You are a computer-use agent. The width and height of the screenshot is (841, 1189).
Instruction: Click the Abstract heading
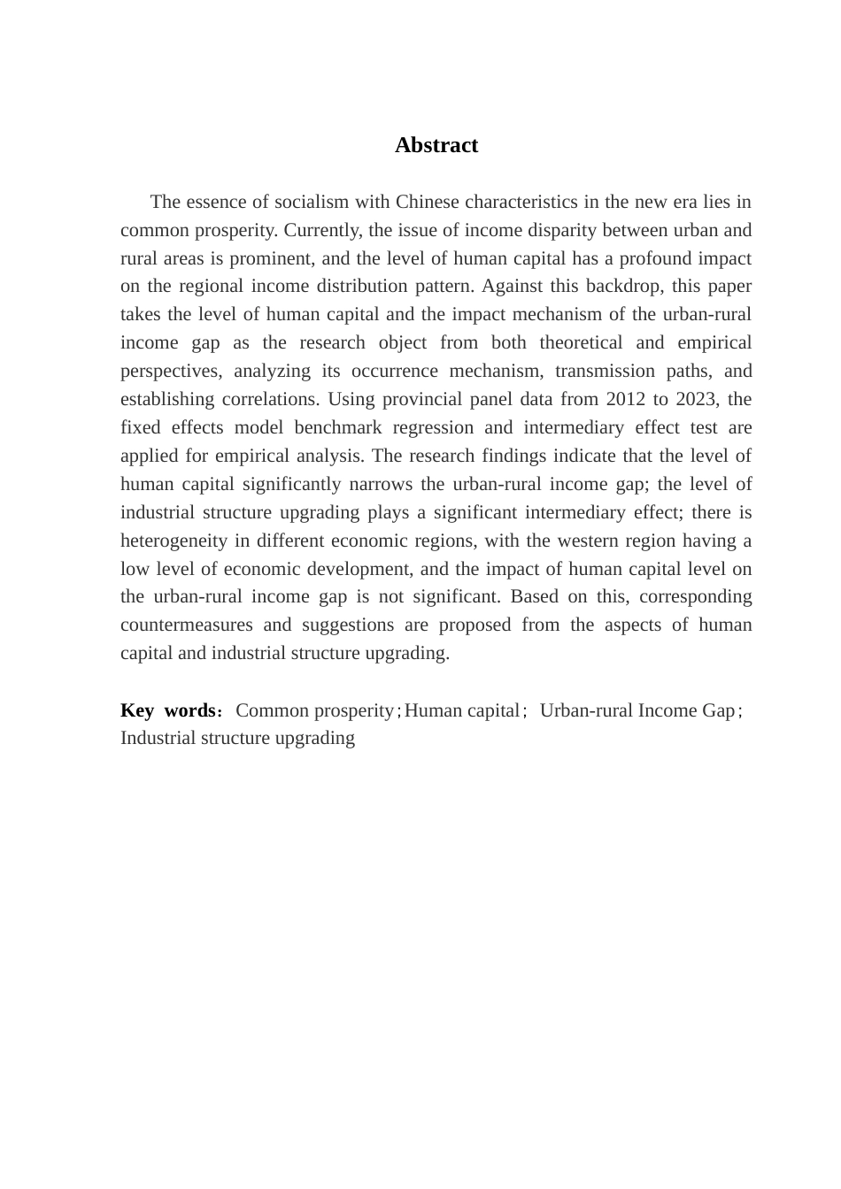[436, 145]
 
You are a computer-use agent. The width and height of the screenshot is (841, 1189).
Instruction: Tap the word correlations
[270, 399]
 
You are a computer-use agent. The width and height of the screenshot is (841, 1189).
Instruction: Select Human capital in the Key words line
[462, 710]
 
